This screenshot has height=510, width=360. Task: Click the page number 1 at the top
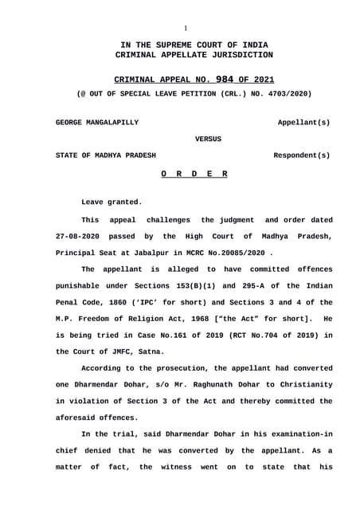point(186,27)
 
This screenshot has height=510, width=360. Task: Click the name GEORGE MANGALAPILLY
point(96,123)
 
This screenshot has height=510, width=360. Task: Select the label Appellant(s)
point(303,123)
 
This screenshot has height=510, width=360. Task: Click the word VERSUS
point(209,139)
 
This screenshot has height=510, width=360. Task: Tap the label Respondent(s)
point(302,155)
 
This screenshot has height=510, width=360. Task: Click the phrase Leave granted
point(112,202)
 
